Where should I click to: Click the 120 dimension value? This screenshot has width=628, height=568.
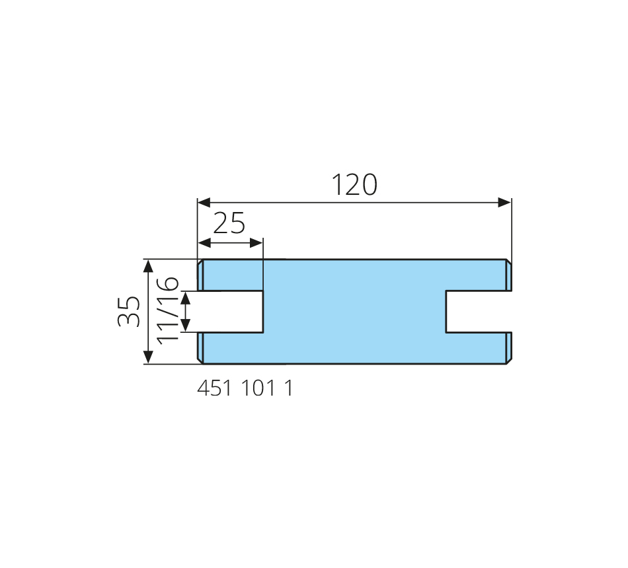tap(354, 185)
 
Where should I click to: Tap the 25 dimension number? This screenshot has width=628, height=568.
tap(229, 223)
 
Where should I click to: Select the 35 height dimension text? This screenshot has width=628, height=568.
tap(129, 312)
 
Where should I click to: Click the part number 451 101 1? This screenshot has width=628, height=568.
tap(245, 388)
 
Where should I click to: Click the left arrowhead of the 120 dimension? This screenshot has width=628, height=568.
tap(204, 203)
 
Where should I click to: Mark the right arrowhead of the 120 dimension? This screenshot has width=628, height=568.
tap(504, 203)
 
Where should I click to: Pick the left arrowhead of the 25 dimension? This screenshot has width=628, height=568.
tap(205, 242)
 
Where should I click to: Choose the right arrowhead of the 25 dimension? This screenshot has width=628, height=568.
tap(256, 242)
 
